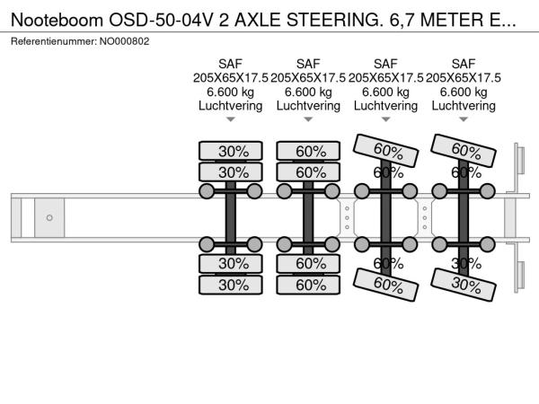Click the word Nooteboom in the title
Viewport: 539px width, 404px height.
click(x=55, y=17)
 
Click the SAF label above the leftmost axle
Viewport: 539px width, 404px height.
click(x=230, y=63)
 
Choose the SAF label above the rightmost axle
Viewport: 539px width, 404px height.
click(x=464, y=63)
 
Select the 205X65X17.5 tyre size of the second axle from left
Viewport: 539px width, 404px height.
click(x=308, y=77)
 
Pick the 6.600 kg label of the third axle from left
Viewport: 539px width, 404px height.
click(x=385, y=92)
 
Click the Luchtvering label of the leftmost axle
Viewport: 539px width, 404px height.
click(x=230, y=106)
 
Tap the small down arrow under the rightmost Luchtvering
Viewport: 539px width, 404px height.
click(x=464, y=119)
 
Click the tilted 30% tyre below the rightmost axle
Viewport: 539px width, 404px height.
click(x=464, y=282)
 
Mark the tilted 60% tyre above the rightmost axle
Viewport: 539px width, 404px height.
click(x=465, y=149)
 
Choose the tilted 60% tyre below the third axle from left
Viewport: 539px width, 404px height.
click(x=387, y=284)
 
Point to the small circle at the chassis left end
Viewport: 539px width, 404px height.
click(x=49, y=217)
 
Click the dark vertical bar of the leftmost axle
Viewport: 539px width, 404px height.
click(x=230, y=217)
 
